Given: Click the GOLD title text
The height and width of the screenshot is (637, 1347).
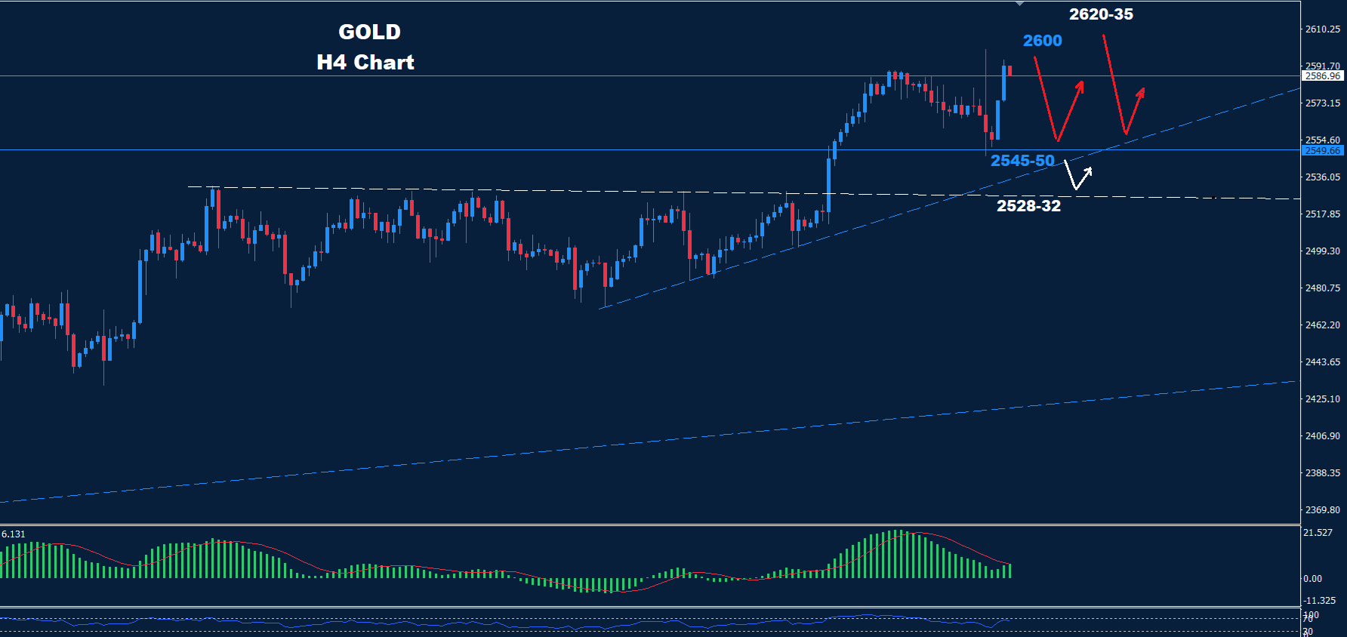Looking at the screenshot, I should (x=369, y=32).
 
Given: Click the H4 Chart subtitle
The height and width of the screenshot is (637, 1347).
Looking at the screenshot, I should (x=365, y=62).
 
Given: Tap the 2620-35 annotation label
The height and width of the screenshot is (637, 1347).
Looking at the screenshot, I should (x=1101, y=14).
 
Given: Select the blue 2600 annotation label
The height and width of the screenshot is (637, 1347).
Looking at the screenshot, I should (x=1042, y=41).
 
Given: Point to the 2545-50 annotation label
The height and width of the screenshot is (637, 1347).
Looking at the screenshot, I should (x=1022, y=161).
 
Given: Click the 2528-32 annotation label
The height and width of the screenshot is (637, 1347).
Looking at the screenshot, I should (x=1028, y=206).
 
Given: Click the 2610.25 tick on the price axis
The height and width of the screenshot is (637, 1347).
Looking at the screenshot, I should (x=1323, y=29).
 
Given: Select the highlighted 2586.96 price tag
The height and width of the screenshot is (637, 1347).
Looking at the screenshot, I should (x=1323, y=76).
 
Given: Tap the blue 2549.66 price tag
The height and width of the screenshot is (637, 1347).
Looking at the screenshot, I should (x=1323, y=151).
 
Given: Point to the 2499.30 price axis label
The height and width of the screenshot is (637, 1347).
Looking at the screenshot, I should (x=1323, y=251).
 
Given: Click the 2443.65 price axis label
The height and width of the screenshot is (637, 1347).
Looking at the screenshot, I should (x=1323, y=362).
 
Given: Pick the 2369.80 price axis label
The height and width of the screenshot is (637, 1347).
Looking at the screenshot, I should (x=1323, y=510).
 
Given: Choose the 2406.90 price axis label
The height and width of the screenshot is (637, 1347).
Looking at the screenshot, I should (x=1323, y=436).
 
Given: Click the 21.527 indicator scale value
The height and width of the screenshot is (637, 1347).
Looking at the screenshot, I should (x=1318, y=533).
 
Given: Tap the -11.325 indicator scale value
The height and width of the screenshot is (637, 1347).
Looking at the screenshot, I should (x=1320, y=601).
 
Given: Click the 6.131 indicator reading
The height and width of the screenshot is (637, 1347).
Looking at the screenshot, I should (x=14, y=534).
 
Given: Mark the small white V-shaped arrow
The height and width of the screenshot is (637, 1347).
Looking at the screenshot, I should (x=1077, y=176).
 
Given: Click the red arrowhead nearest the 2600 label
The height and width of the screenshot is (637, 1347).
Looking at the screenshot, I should (x=1080, y=86).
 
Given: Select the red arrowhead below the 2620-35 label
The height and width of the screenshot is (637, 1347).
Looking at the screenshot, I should (x=1141, y=93).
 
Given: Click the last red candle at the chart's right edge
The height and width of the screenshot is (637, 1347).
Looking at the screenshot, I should (x=1009, y=71).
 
